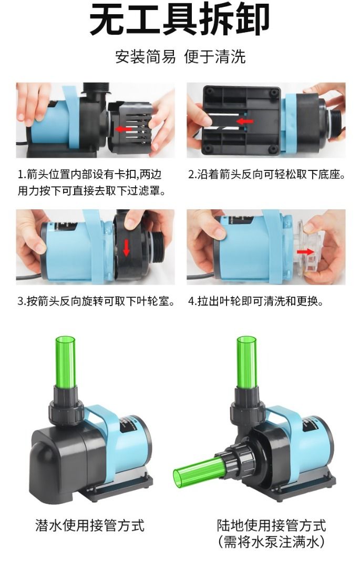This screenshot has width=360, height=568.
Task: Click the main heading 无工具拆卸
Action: point(179,18)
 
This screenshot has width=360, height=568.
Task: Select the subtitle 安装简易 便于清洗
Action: point(180,57)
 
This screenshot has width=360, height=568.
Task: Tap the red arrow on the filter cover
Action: point(124,129)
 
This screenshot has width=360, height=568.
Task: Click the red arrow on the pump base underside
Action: point(244,121)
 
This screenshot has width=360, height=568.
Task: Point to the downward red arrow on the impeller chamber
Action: point(126,248)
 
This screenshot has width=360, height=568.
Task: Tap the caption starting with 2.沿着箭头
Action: point(266,175)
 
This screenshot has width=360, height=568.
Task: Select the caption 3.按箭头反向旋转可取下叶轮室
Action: point(96,301)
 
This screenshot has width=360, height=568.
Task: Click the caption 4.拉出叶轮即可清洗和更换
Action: point(255,301)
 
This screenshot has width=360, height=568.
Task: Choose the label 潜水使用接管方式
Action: point(90,525)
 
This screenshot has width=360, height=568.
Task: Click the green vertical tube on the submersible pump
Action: point(65,362)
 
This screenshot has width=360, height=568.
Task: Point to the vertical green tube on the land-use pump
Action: point(246,362)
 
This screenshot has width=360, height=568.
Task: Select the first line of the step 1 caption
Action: point(90,175)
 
